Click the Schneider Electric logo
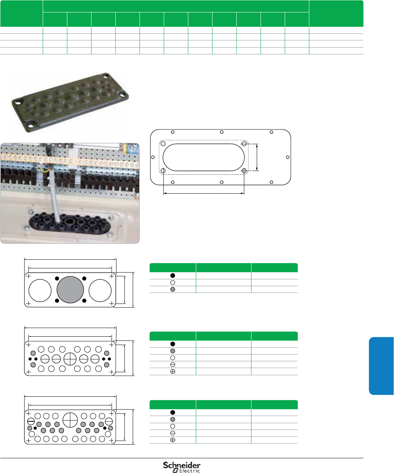pos(181,467)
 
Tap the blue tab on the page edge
pos(381,366)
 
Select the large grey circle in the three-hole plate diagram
pos(70,290)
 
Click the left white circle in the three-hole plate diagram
pos(40,290)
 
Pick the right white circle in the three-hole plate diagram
pos(100,290)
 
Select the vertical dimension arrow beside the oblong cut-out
pos(257,157)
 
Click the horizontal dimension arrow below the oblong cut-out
pos(203,193)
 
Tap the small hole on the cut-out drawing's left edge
pos(153,157)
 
